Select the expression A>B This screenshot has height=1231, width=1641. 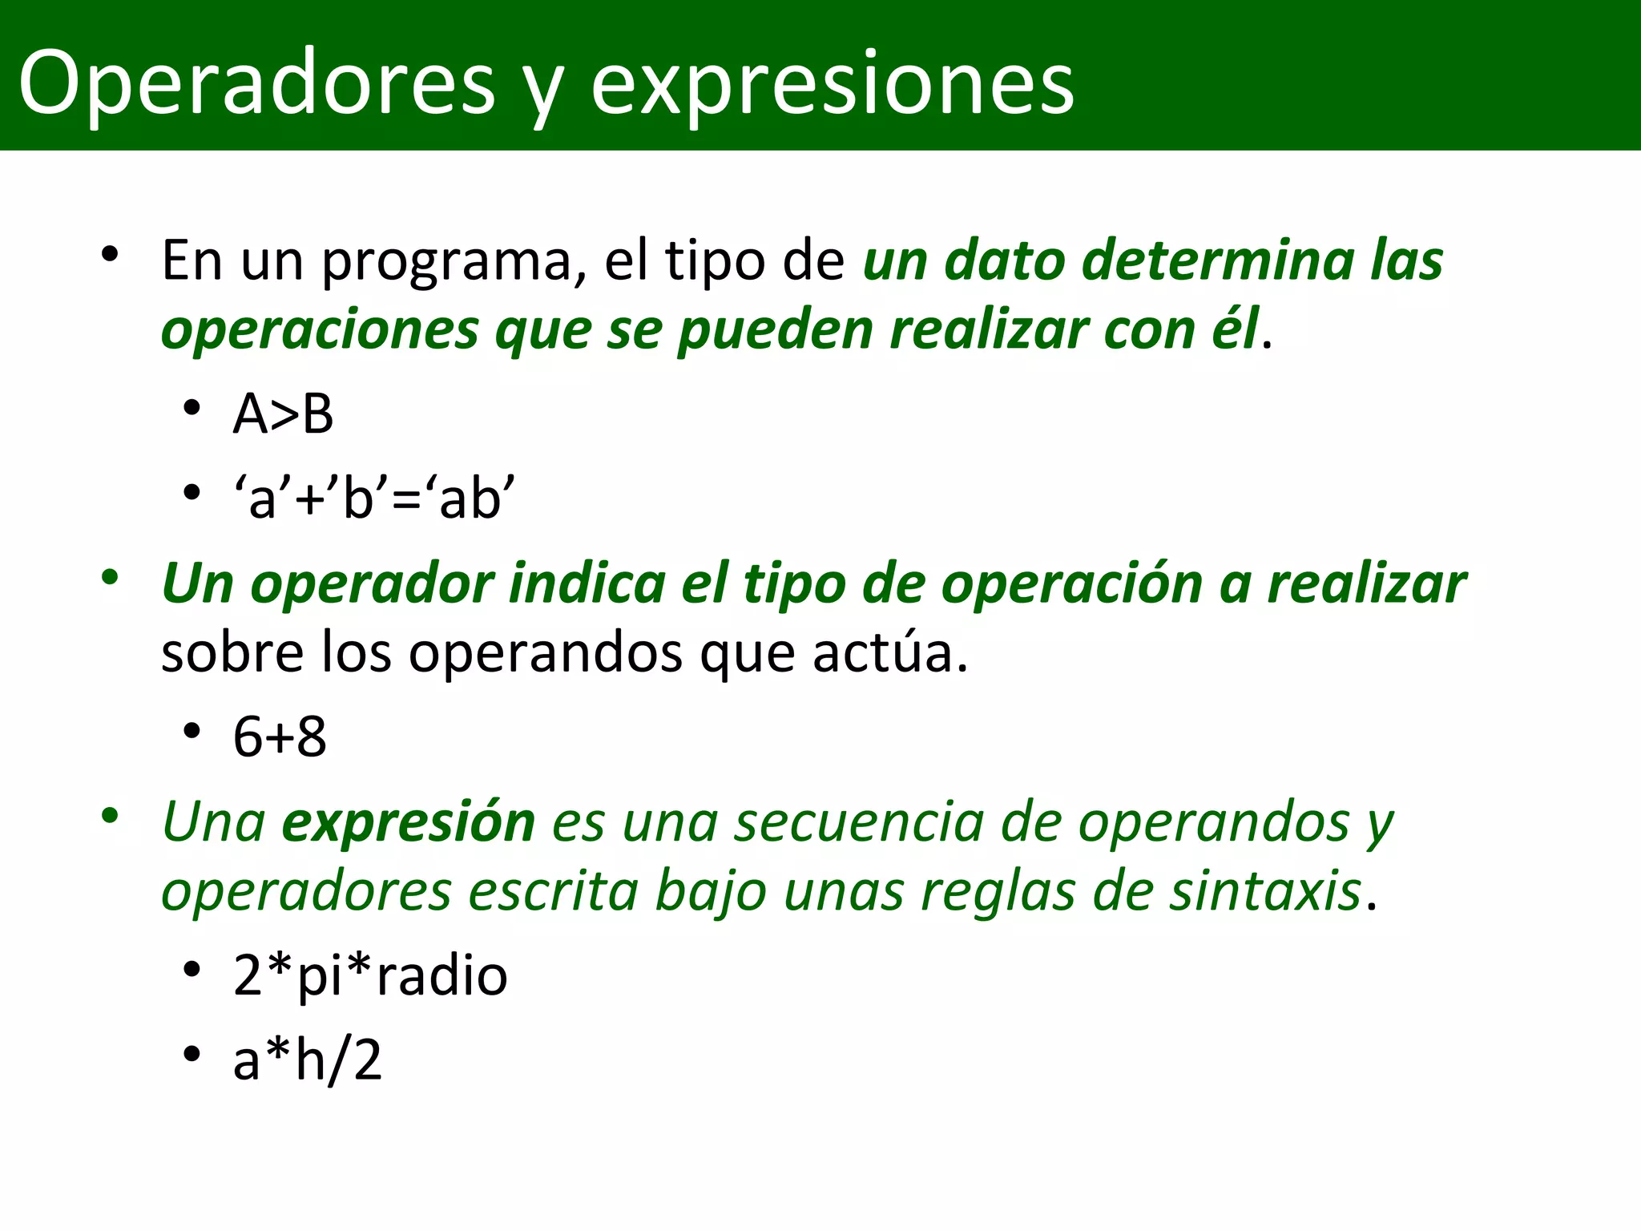pos(283,414)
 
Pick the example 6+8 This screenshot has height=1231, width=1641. pos(280,737)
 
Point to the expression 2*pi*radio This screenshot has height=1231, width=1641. pos(370,975)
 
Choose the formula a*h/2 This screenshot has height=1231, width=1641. pos(307,1059)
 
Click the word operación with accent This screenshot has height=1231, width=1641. pos(1072,583)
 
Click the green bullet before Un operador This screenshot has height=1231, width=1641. pos(110,577)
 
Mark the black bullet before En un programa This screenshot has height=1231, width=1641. pos(110,255)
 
